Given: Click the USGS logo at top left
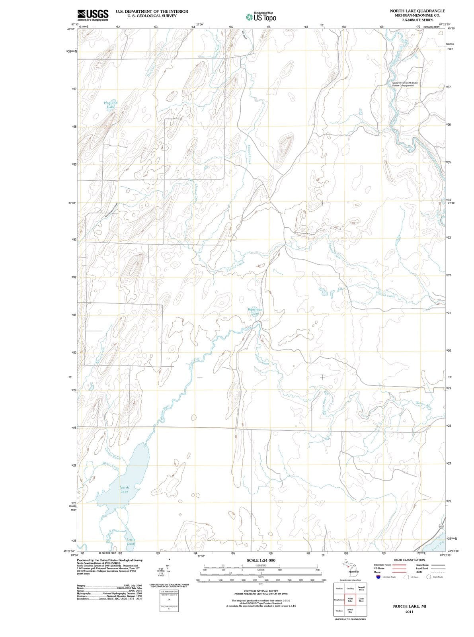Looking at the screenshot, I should click(x=93, y=15).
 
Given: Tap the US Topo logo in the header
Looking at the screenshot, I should click(x=261, y=18).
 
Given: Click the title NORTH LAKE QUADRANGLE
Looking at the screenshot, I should click(x=417, y=11).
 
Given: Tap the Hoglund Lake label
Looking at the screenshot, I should click(x=111, y=105).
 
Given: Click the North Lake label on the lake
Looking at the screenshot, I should click(x=124, y=489).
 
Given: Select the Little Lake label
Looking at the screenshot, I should click(x=131, y=542).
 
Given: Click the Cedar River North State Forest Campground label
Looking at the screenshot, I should click(x=405, y=84).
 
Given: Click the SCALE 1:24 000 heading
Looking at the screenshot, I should click(x=261, y=560).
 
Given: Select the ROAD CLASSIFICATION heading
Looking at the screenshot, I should click(x=410, y=560).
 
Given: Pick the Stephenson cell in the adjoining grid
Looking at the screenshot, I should click(x=339, y=600).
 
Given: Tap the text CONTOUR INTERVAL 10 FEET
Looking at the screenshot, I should click(x=261, y=590).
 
